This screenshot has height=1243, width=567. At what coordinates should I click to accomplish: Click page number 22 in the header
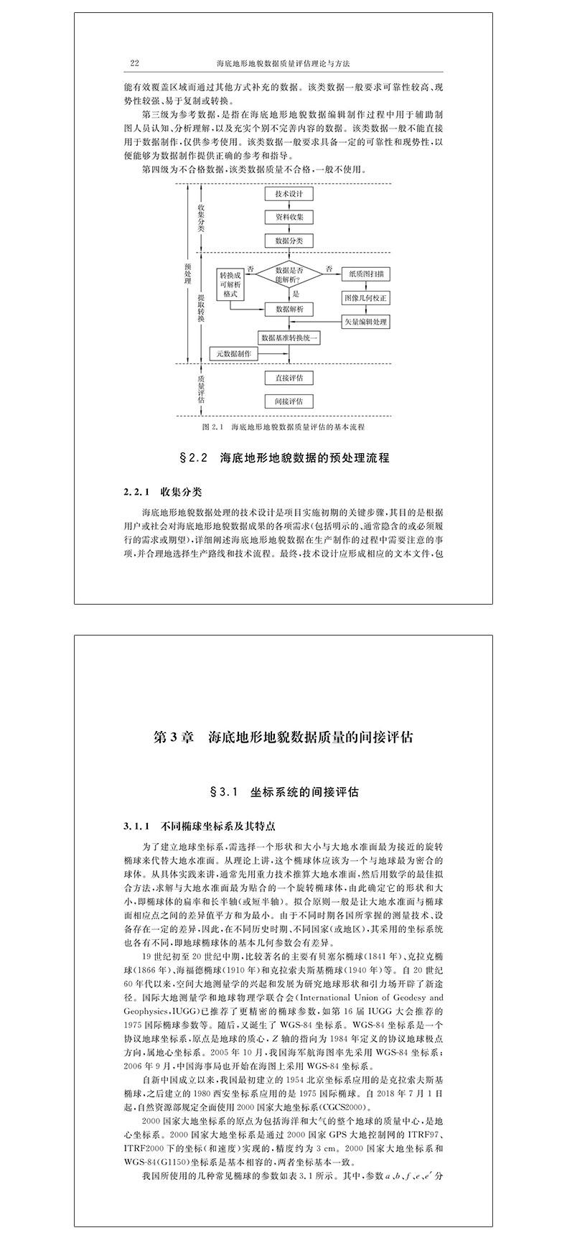click(133, 64)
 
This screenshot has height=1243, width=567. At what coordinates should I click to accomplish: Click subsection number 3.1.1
click(135, 826)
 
